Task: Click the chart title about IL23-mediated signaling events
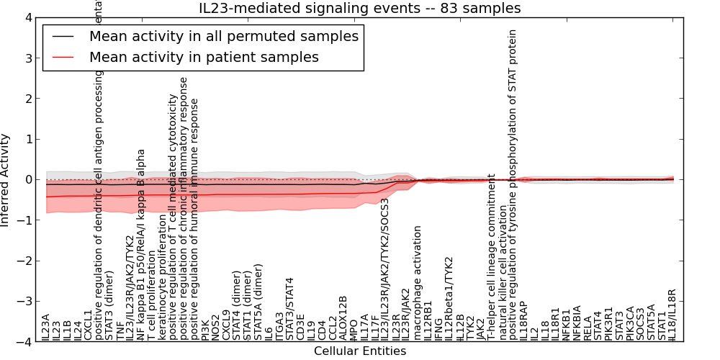pyautogui.click(x=359, y=8)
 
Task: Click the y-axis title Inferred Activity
pyautogui.click(x=6, y=179)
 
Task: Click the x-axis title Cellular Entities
pyautogui.click(x=359, y=351)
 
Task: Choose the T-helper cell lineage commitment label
pyautogui.click(x=491, y=265)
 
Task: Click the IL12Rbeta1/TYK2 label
pyautogui.click(x=450, y=298)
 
